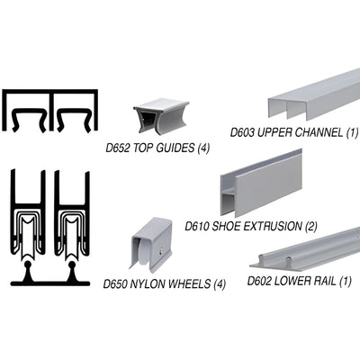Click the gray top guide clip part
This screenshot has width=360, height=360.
click(157, 113)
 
